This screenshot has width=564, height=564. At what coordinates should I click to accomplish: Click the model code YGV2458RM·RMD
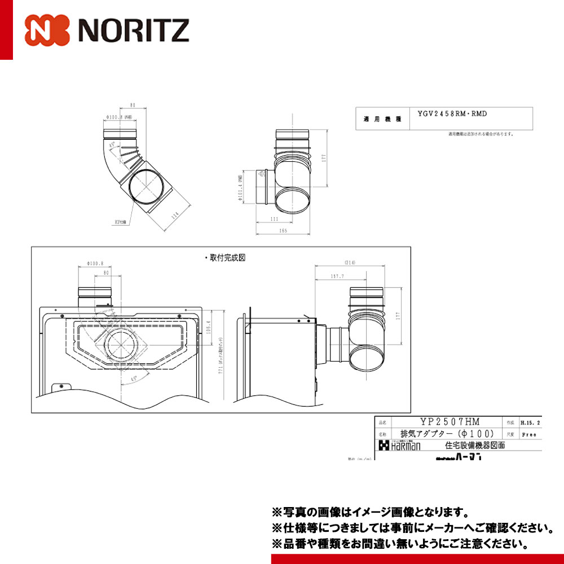tap(452, 114)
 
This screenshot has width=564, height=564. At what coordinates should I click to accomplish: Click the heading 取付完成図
tap(225, 257)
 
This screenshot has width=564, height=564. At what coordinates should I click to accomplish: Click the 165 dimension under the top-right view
tap(283, 231)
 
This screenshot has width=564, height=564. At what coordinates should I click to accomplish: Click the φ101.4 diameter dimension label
tap(241, 186)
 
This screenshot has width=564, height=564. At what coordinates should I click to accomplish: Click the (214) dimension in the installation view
tap(350, 263)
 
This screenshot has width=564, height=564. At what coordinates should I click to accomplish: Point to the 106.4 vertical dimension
tap(208, 327)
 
